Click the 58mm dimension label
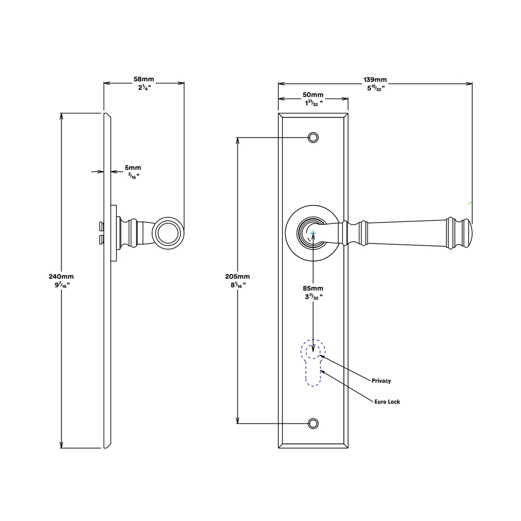click(x=144, y=79)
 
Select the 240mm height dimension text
click(x=61, y=276)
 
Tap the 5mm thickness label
click(x=133, y=168)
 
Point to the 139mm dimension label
click(x=375, y=79)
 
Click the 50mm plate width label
click(x=313, y=95)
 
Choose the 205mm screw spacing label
click(x=238, y=276)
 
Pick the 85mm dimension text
click(x=313, y=288)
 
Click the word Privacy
click(x=381, y=381)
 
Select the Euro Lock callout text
click(x=387, y=402)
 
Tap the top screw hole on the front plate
click(x=313, y=137)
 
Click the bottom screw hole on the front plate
click(x=313, y=424)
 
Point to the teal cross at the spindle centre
click(x=313, y=233)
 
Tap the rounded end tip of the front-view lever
click(x=471, y=233)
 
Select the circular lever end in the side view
click(x=168, y=233)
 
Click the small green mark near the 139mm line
click(x=470, y=203)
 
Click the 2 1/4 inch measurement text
click(x=144, y=88)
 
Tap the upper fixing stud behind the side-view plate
click(x=102, y=227)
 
